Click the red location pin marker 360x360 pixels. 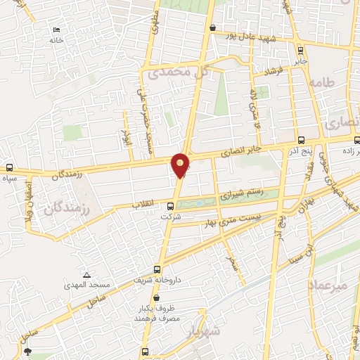[x=181, y=165]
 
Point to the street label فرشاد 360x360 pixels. [x=271, y=72]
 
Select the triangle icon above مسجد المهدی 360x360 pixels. [x=86, y=274]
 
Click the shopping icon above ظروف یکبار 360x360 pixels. [x=155, y=297]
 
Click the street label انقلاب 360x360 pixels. [x=143, y=203]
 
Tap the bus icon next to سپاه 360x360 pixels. [x=9, y=168]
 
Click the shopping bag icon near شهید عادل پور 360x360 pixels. [x=212, y=27]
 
